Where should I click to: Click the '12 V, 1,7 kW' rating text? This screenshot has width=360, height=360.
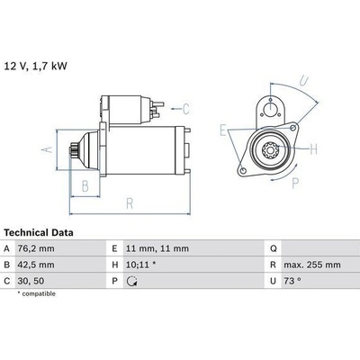pyautogui.click(x=35, y=66)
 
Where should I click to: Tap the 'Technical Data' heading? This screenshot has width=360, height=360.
pyautogui.click(x=39, y=232)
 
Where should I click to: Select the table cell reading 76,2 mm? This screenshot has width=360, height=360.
pyautogui.click(x=36, y=248)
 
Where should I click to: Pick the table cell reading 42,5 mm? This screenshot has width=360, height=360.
pyautogui.click(x=36, y=265)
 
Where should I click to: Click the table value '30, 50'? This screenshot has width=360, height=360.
pyautogui.click(x=31, y=281)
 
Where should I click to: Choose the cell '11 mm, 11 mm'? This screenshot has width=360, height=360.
pyautogui.click(x=157, y=248)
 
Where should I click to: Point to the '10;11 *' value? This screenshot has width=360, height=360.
pyautogui.click(x=141, y=265)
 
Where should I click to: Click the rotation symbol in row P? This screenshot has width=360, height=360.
pyautogui.click(x=131, y=281)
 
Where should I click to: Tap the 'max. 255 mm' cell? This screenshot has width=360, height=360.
pyautogui.click(x=312, y=265)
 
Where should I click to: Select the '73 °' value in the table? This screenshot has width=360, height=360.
pyautogui.click(x=292, y=281)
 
